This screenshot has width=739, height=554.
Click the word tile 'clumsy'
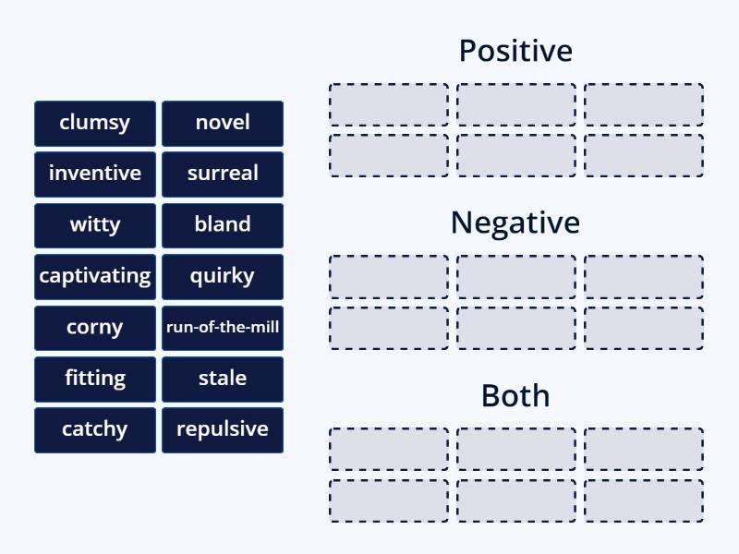pos(95,123)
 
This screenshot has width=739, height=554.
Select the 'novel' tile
pos(223,123)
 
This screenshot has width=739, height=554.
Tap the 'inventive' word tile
pos(95,174)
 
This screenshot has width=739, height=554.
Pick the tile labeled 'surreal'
pos(223,174)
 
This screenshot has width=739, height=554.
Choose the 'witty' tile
pos(95,224)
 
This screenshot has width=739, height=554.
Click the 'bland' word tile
pos(223,224)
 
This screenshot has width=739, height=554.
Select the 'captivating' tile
pos(95,276)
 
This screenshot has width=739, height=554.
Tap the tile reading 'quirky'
pos(223,276)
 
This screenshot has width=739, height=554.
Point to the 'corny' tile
pos(95,327)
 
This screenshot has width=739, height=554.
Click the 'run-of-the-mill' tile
pos(223,327)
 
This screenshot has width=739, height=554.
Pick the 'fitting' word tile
pos(95,378)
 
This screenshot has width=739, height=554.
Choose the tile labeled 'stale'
pos(223,378)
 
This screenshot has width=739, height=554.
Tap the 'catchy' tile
pos(95,429)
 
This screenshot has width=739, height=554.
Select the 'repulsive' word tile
pos(223,429)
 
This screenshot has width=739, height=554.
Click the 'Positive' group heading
pos(515,51)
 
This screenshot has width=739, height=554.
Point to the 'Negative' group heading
pos(515,223)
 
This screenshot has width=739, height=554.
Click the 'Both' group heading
pos(515,395)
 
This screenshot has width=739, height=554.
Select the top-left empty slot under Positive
pos(389,104)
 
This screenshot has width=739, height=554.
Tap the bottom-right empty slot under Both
pos(644,500)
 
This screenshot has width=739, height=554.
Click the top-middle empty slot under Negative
pos(516,277)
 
